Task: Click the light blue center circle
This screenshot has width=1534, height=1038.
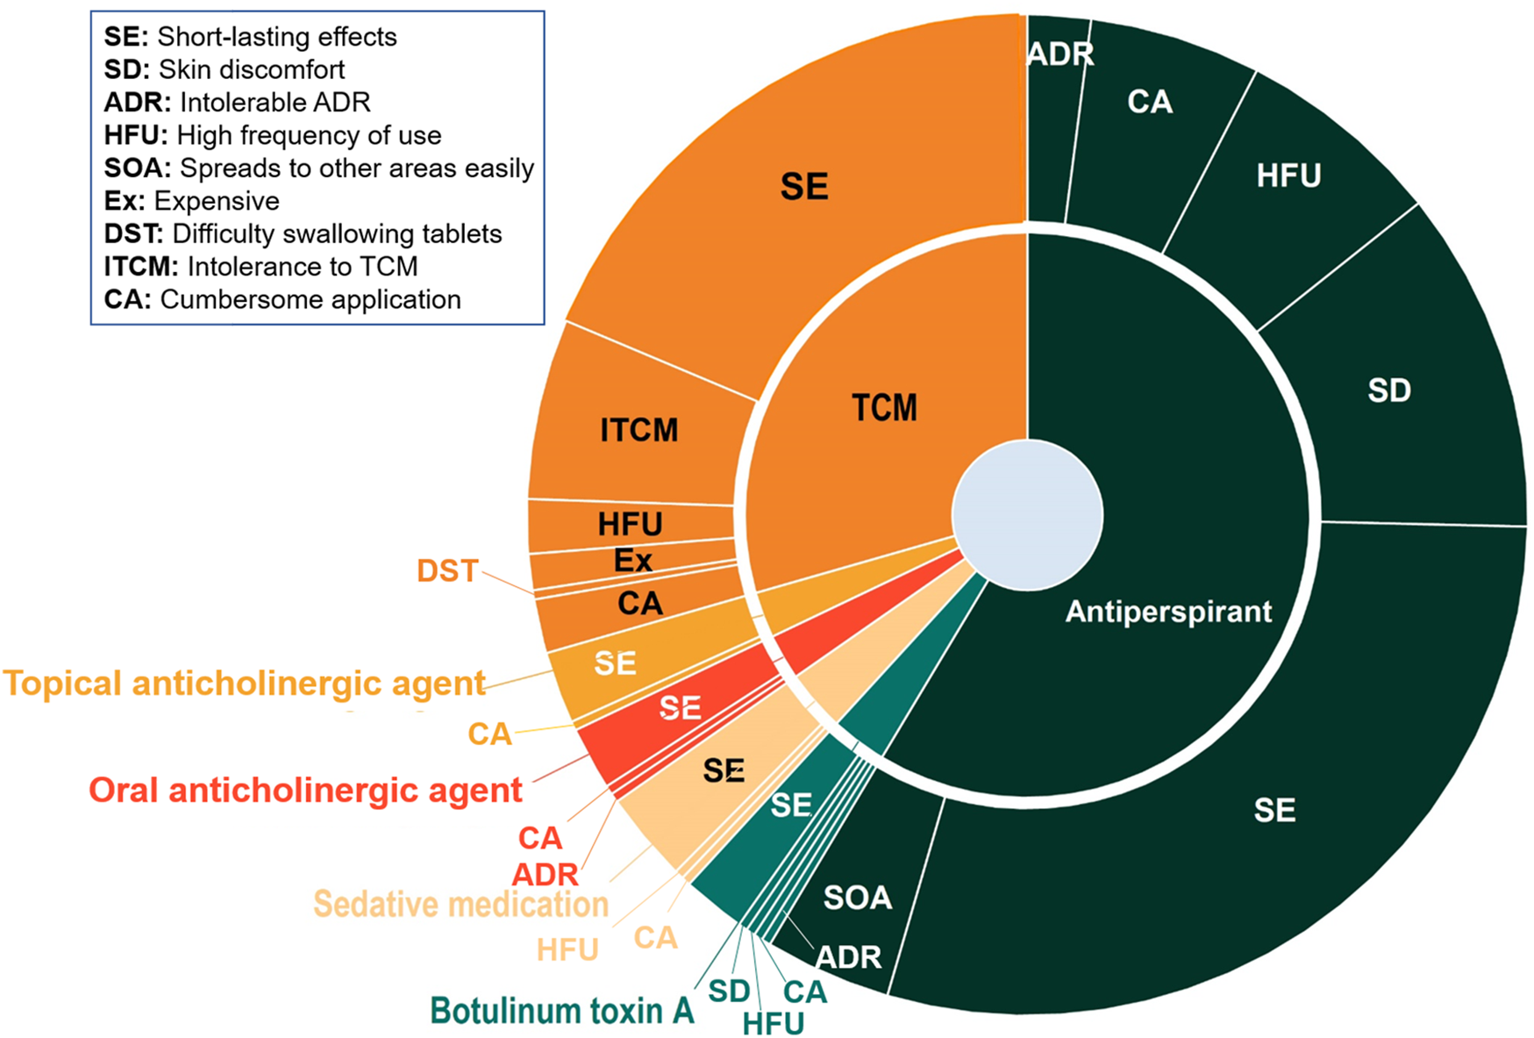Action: pyautogui.click(x=1027, y=516)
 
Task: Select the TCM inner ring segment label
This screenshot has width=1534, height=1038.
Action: pyautogui.click(x=884, y=408)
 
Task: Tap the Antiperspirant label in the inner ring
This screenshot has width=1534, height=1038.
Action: pyautogui.click(x=1168, y=612)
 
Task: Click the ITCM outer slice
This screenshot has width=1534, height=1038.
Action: pyautogui.click(x=639, y=430)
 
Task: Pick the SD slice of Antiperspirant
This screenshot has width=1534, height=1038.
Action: pyautogui.click(x=1389, y=390)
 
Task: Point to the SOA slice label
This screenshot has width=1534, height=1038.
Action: pyautogui.click(x=857, y=898)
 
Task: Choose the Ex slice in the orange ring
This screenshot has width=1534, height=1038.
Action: pyautogui.click(x=632, y=561)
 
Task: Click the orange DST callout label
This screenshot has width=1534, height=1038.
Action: pyautogui.click(x=447, y=571)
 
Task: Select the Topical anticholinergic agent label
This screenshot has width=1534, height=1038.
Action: pyautogui.click(x=245, y=684)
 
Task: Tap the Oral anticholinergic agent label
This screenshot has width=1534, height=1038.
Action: pyautogui.click(x=305, y=791)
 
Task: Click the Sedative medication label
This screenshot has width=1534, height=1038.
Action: pyautogui.click(x=460, y=904)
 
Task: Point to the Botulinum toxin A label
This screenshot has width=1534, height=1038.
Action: pyautogui.click(x=561, y=1011)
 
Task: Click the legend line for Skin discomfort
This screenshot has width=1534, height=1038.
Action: pyautogui.click(x=225, y=69)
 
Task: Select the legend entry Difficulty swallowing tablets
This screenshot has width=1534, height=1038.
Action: pyautogui.click(x=303, y=233)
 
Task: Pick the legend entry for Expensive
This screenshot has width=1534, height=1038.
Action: pyautogui.click(x=191, y=201)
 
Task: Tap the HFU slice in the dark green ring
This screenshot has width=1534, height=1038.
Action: pyautogui.click(x=1288, y=175)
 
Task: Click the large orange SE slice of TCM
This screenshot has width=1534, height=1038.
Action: pyautogui.click(x=803, y=187)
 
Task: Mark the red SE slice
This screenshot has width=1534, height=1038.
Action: pyautogui.click(x=680, y=707)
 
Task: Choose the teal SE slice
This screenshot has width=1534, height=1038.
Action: pyautogui.click(x=790, y=805)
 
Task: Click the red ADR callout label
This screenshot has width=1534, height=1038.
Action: pyautogui.click(x=546, y=875)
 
